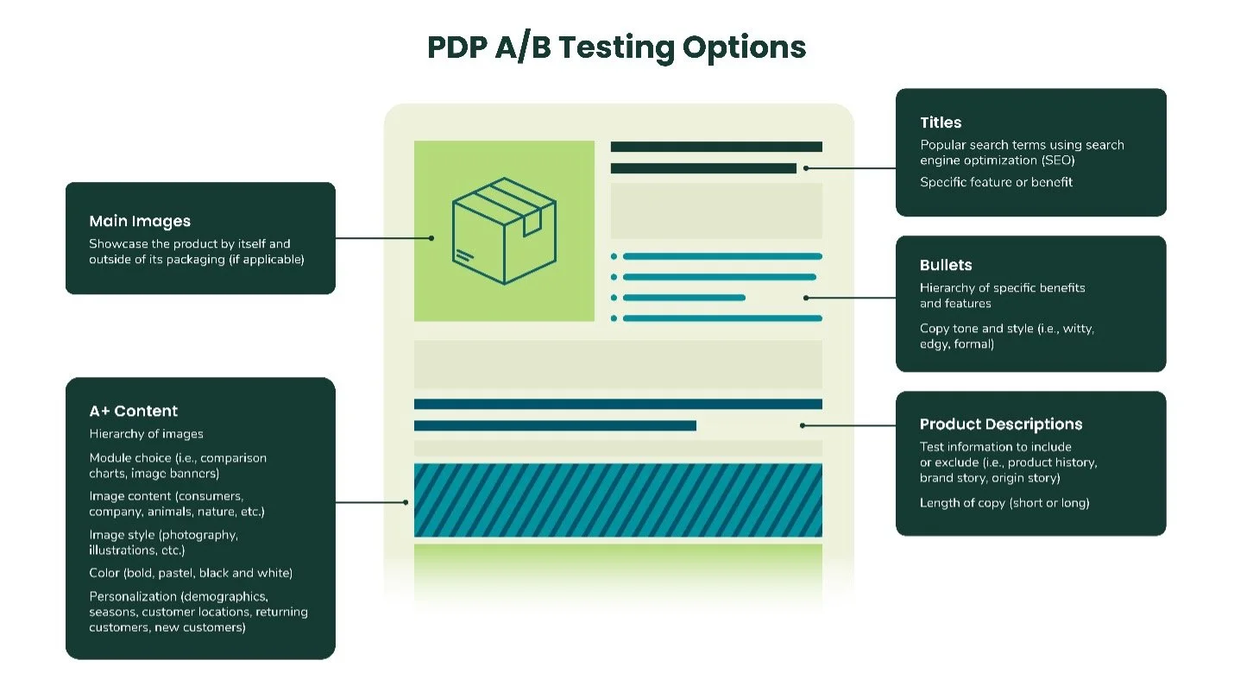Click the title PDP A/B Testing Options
(x=616, y=47)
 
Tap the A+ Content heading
(x=134, y=412)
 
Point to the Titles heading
(x=941, y=123)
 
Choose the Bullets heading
(x=946, y=266)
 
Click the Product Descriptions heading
(x=1000, y=424)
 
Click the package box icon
(x=504, y=230)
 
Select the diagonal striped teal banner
(x=618, y=500)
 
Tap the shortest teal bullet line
(x=683, y=298)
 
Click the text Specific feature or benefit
(x=996, y=182)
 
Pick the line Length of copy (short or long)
(x=1004, y=503)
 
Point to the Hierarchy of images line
(x=146, y=434)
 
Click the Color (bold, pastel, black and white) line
(x=191, y=573)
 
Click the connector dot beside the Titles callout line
(x=806, y=168)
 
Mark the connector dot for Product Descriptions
(x=803, y=425)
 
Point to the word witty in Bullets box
(x=1078, y=329)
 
